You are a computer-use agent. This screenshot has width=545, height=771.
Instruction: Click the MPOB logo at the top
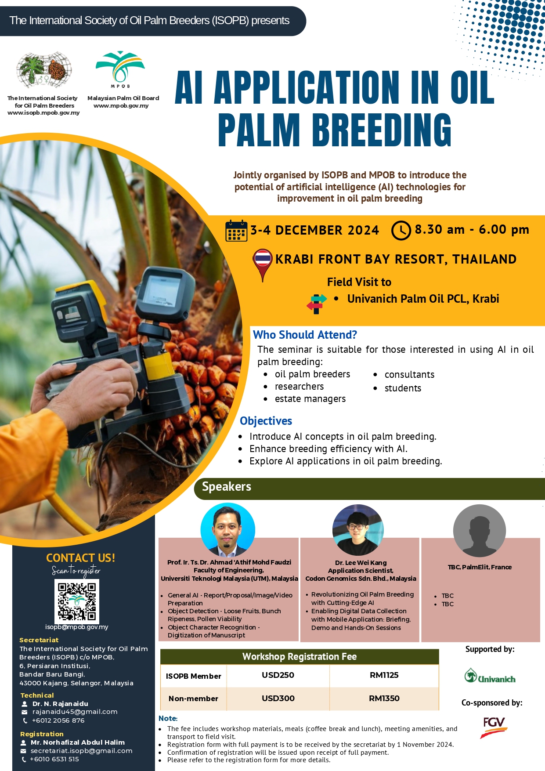pos(120,69)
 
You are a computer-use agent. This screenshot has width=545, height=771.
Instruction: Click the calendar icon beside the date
pos(236,231)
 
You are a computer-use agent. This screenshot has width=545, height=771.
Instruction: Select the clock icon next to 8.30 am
pos(401,231)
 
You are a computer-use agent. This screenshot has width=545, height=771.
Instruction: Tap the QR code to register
pos(77,601)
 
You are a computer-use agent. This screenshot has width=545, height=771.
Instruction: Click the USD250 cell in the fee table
pos(278,675)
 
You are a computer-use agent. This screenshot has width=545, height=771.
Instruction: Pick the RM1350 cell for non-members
pos(384,699)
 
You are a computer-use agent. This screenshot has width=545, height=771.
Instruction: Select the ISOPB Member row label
pos(193,676)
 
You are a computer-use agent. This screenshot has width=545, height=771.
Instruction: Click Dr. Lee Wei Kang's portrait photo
pos(358,530)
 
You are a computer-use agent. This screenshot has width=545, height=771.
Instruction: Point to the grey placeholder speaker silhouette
pos(480,531)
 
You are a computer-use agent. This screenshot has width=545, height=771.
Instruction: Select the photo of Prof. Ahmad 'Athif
pos(227,530)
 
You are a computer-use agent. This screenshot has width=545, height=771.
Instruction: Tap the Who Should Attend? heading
pos(305,335)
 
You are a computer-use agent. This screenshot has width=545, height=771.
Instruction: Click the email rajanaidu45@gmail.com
pos(75,712)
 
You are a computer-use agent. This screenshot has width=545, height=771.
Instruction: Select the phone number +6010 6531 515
pos(54,759)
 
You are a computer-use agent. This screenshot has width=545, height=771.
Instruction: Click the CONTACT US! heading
pos(81,558)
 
